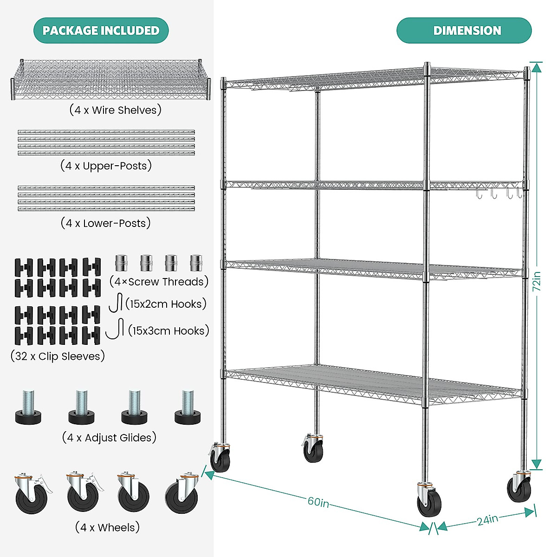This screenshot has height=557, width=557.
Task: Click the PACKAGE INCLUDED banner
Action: point(101,31)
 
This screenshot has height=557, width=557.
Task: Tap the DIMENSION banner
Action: point(464,31)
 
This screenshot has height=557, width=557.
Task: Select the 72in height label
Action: point(537,281)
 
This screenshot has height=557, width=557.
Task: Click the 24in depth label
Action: point(487,519)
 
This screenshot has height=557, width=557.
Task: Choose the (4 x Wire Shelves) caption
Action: point(116,110)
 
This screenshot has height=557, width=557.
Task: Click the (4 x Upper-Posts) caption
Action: point(106,166)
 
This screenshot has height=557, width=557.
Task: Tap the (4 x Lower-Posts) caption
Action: point(106,223)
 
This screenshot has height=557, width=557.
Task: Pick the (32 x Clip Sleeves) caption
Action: point(58,356)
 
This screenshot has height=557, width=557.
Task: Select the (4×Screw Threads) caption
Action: point(159,282)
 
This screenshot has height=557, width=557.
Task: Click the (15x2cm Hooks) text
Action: point(166,304)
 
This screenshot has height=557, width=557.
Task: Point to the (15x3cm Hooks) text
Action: point(168,331)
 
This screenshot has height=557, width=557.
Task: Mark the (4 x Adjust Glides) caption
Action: point(109,438)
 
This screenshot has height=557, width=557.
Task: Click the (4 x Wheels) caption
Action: point(107,527)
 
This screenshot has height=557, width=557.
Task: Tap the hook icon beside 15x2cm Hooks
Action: point(116,303)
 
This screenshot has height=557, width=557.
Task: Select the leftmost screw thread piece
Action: point(121,263)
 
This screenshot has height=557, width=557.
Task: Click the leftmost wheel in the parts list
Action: point(32,493)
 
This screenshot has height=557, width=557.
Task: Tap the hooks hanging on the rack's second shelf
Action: point(499,193)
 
